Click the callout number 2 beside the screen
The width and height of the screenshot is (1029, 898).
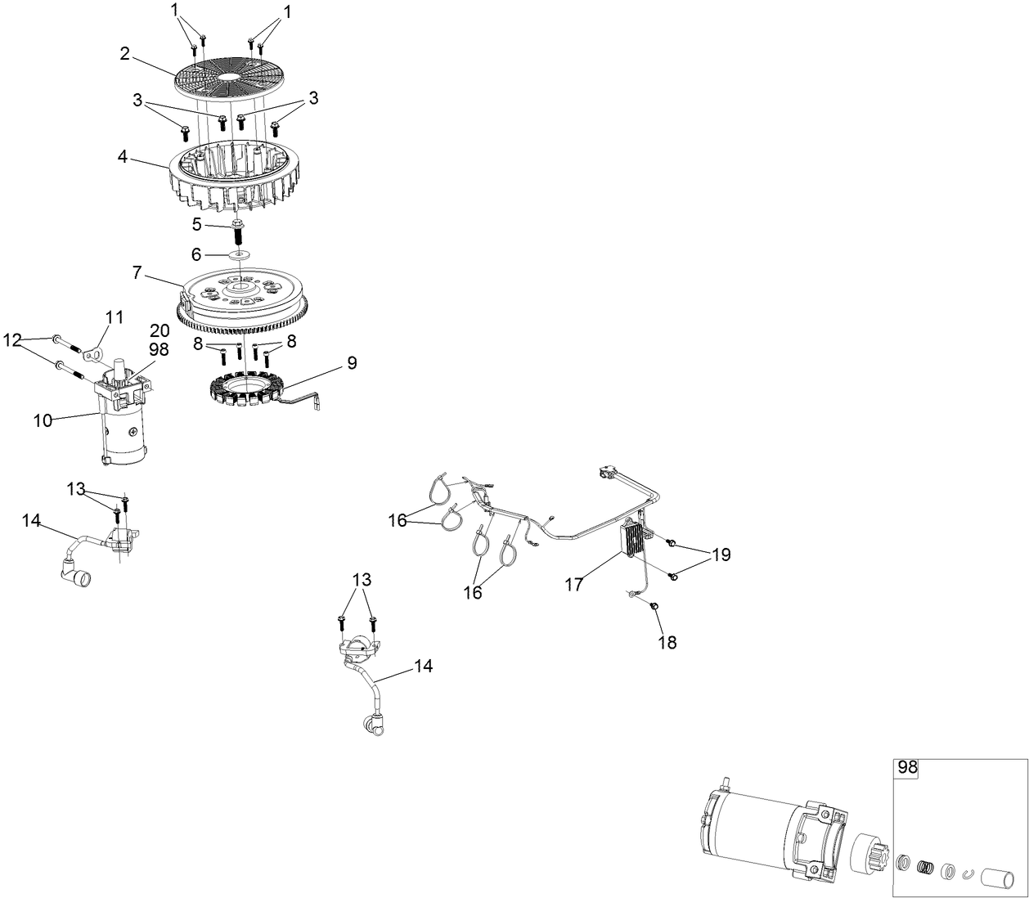pyautogui.click(x=125, y=53)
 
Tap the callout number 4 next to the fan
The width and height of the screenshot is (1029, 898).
pyautogui.click(x=123, y=156)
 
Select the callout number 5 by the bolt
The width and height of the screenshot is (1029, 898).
pyautogui.click(x=196, y=224)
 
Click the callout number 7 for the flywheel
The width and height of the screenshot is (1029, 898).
pyautogui.click(x=137, y=272)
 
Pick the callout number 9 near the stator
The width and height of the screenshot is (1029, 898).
pyautogui.click(x=352, y=362)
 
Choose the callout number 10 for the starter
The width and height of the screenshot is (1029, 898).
pyautogui.click(x=43, y=420)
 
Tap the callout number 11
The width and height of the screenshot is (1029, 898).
pyautogui.click(x=115, y=317)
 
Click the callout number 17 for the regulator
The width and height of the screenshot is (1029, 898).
pyautogui.click(x=573, y=584)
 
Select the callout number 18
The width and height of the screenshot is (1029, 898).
pyautogui.click(x=667, y=642)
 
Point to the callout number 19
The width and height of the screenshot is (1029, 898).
pyautogui.click(x=721, y=555)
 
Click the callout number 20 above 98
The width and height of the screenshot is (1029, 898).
pyautogui.click(x=160, y=330)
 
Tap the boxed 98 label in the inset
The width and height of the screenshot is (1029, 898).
pyautogui.click(x=907, y=767)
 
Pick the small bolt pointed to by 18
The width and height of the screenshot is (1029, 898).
pyautogui.click(x=655, y=607)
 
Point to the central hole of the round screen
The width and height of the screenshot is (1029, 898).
pyautogui.click(x=229, y=77)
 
